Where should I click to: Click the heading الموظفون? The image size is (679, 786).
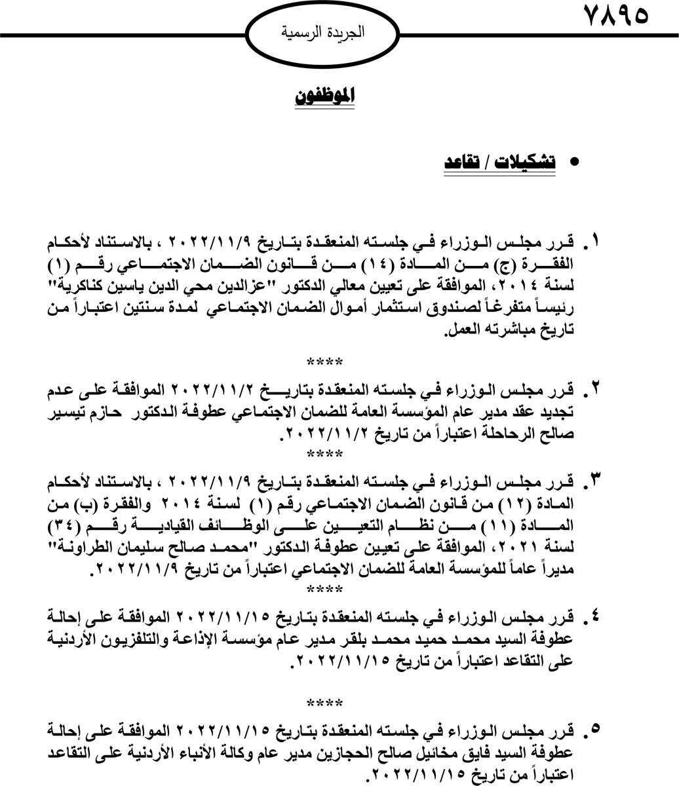[x=325, y=96]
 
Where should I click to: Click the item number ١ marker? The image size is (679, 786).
[x=594, y=243]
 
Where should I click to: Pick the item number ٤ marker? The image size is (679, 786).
[x=594, y=618]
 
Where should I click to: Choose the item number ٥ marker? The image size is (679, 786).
[x=594, y=729]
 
